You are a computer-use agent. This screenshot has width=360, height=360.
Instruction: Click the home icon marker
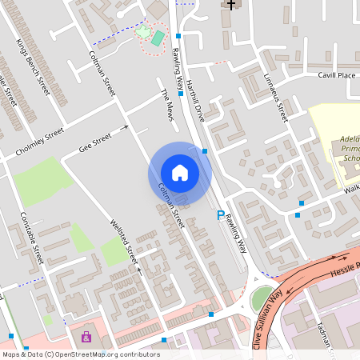pos(180,173)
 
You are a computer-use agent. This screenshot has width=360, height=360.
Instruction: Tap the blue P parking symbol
pos(221,214)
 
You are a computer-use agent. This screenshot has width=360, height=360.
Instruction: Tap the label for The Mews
pos(167,105)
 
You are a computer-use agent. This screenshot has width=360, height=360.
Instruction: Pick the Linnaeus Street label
pos(275,98)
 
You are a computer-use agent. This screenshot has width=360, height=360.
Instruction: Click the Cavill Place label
pos(335,75)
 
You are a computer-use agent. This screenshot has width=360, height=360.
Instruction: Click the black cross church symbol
pos(231,4)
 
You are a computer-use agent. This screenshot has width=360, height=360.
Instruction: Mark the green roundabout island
pos(262,299)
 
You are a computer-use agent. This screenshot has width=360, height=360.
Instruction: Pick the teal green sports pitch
pos(158,38)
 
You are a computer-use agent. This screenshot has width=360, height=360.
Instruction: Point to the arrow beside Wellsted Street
pos(139,270)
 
